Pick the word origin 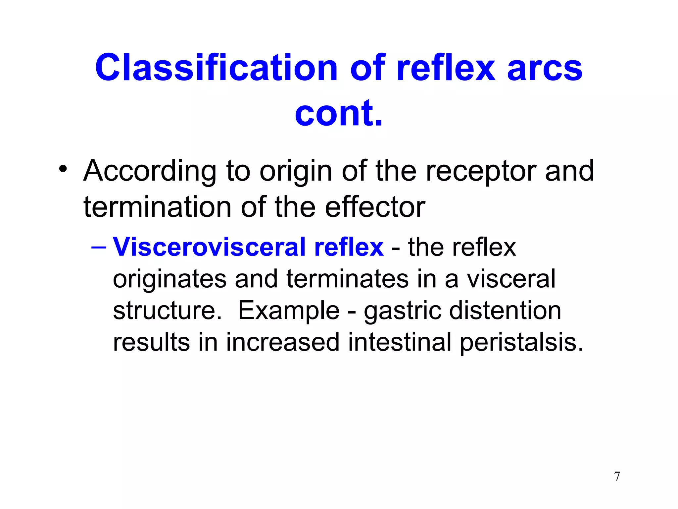click(296, 172)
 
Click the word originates click(169, 279)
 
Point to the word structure click(167, 311)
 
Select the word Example click(289, 311)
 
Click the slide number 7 click(617, 477)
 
